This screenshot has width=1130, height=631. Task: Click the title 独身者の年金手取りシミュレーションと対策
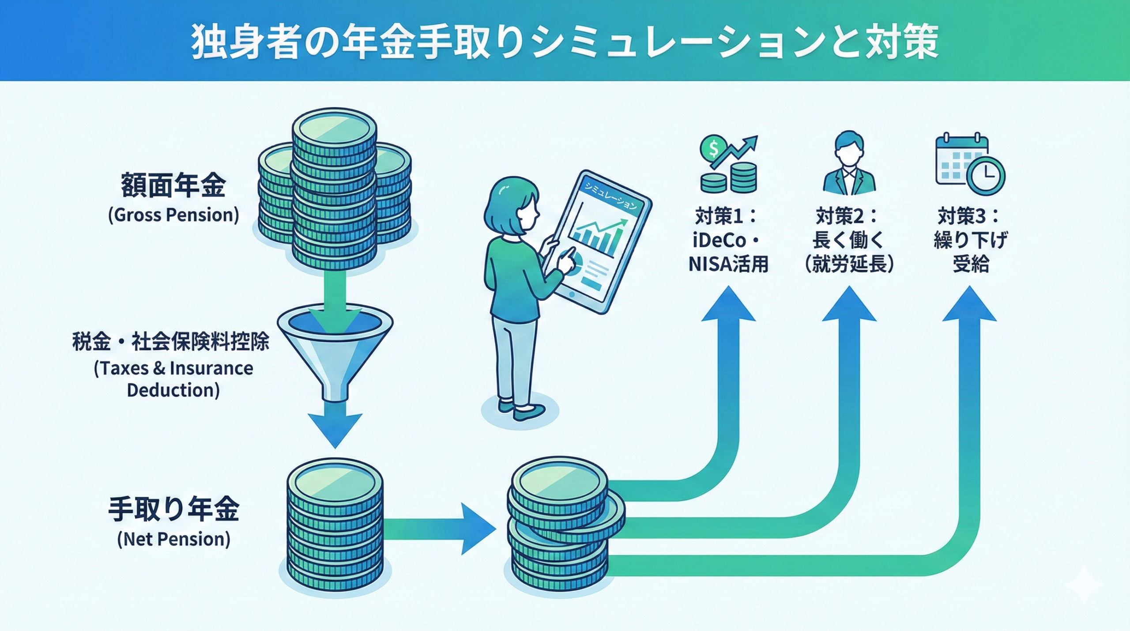pyautogui.click(x=565, y=42)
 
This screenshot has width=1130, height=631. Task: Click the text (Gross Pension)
pyautogui.click(x=173, y=215)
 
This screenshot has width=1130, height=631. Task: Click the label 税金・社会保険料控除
pyautogui.click(x=171, y=342)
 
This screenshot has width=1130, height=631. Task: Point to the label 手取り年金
pyautogui.click(x=173, y=509)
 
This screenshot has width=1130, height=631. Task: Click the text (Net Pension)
pyautogui.click(x=173, y=539)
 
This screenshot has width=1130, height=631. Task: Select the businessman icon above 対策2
pyautogui.click(x=848, y=163)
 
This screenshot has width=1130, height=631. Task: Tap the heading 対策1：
pyautogui.click(x=727, y=216)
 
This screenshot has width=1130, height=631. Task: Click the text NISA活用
pyautogui.click(x=728, y=264)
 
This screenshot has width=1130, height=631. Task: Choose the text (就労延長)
pyautogui.click(x=849, y=264)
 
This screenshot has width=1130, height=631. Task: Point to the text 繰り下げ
pyautogui.click(x=970, y=241)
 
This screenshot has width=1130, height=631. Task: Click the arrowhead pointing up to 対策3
pyautogui.click(x=969, y=305)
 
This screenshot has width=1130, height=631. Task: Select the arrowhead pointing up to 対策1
pyautogui.click(x=728, y=305)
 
